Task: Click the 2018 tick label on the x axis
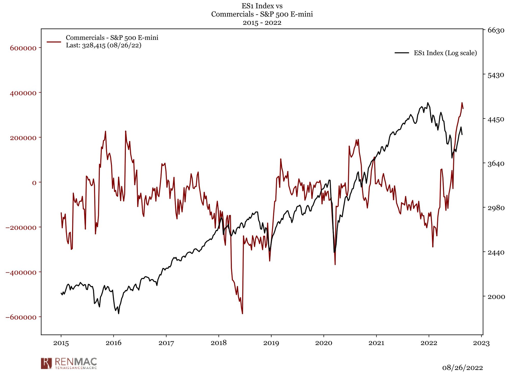(x=219, y=343)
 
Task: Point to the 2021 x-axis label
(x=376, y=343)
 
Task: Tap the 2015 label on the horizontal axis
(x=61, y=343)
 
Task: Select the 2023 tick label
(x=481, y=343)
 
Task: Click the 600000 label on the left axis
(x=23, y=48)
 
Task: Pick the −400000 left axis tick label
(x=21, y=272)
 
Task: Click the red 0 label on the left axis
(x=34, y=183)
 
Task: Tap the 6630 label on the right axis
(x=496, y=30)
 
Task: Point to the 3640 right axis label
(x=496, y=164)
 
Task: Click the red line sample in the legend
(x=54, y=42)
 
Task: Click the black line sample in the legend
(x=402, y=53)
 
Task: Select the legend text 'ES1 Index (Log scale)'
(x=445, y=53)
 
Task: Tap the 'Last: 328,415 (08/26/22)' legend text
(x=104, y=45)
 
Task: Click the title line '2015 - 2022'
(x=262, y=23)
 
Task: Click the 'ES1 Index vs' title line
(x=262, y=6)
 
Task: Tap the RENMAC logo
(x=69, y=363)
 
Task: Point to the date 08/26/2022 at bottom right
(x=462, y=368)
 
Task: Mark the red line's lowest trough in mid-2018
(x=242, y=314)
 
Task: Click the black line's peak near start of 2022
(x=428, y=103)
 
